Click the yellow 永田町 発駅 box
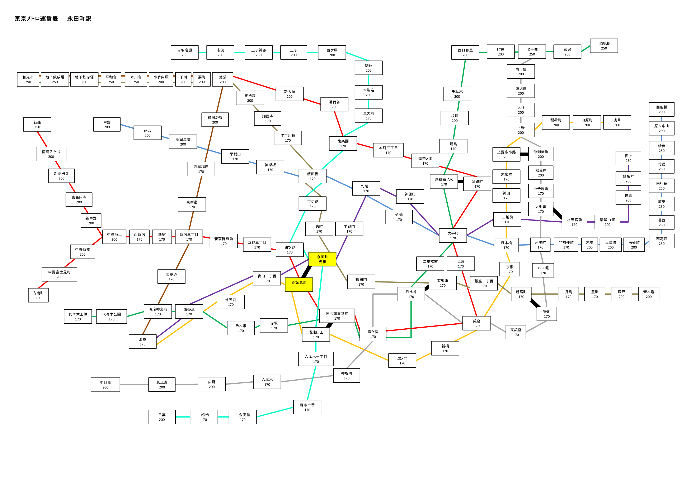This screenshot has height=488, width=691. tap(322, 259)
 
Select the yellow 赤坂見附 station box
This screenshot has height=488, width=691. tap(299, 284)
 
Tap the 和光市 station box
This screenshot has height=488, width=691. tap(28, 79)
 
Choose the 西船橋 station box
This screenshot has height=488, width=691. tap(662, 110)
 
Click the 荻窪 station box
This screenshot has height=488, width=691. tap(37, 125)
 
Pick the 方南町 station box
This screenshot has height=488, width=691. tap(38, 295)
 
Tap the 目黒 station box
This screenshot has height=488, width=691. tap(162, 417)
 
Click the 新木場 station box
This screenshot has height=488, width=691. tap(649, 294)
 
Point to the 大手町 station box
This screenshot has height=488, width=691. tap(453, 235)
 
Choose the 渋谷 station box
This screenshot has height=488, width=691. tap(143, 342)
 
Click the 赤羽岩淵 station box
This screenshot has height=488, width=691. tap(184, 53)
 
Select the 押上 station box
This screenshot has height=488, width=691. tap(628, 158)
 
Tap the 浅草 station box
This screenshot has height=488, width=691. tap(617, 122)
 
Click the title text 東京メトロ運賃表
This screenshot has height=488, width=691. tap(36, 19)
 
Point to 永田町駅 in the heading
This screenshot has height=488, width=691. tap(79, 19)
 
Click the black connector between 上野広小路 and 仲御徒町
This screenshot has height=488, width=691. tap(524, 154)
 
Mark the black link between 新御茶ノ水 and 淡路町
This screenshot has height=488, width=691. tap(460, 182)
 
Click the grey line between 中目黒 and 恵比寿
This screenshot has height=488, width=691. tap(134, 385)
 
